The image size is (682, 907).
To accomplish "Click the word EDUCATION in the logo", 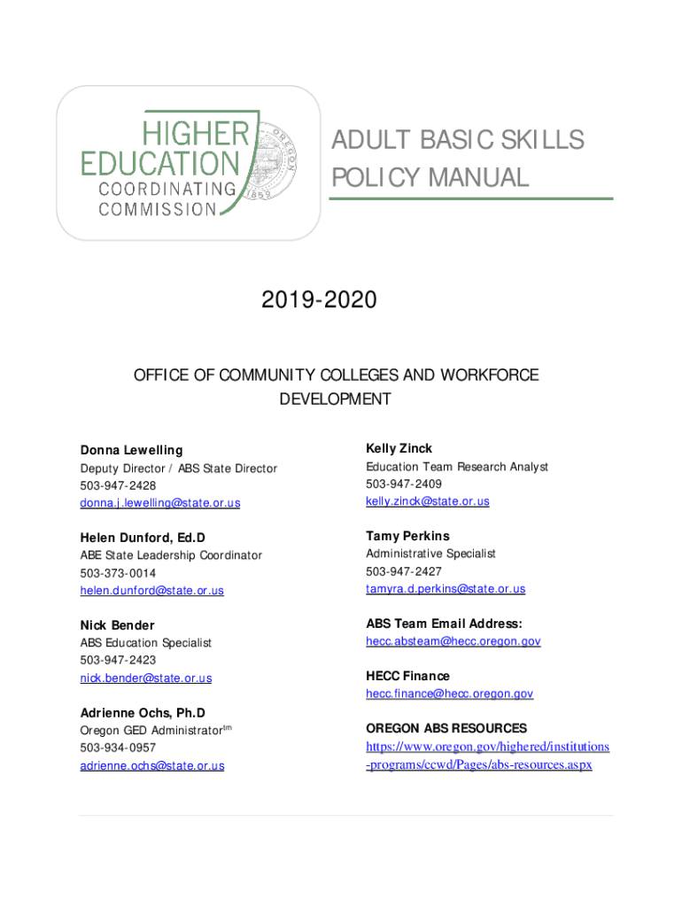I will pyautogui.click(x=160, y=164).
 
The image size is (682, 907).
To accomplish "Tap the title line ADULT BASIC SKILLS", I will pyautogui.click(x=458, y=140).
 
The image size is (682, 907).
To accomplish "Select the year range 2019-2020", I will pyautogui.click(x=319, y=301).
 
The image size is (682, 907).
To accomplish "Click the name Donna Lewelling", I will pyautogui.click(x=131, y=450).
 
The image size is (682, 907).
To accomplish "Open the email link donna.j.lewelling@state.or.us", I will pyautogui.click(x=159, y=503).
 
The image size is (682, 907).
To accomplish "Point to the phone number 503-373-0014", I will pyautogui.click(x=118, y=573).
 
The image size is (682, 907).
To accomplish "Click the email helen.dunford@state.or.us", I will pyautogui.click(x=151, y=591).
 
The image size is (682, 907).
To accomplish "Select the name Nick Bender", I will pyautogui.click(x=117, y=625).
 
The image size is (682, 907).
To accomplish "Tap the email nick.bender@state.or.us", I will pyautogui.click(x=146, y=678).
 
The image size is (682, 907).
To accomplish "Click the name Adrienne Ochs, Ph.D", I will pyautogui.click(x=143, y=713).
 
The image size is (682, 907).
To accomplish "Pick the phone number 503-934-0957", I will pyautogui.click(x=118, y=748).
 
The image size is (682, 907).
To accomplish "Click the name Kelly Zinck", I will pyautogui.click(x=399, y=448).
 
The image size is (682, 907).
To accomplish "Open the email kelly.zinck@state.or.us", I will pyautogui.click(x=427, y=501).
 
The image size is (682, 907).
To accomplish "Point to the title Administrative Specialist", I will pyautogui.click(x=430, y=554).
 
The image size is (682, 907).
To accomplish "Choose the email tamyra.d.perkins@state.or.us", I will pyautogui.click(x=446, y=589).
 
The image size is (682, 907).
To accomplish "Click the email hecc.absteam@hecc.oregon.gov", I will pyautogui.click(x=453, y=641).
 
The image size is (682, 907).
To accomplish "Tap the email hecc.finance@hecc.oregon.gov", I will pyautogui.click(x=449, y=694).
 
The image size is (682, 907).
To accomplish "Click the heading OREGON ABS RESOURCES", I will pyautogui.click(x=446, y=728).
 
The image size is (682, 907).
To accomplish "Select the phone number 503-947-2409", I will pyautogui.click(x=403, y=484).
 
